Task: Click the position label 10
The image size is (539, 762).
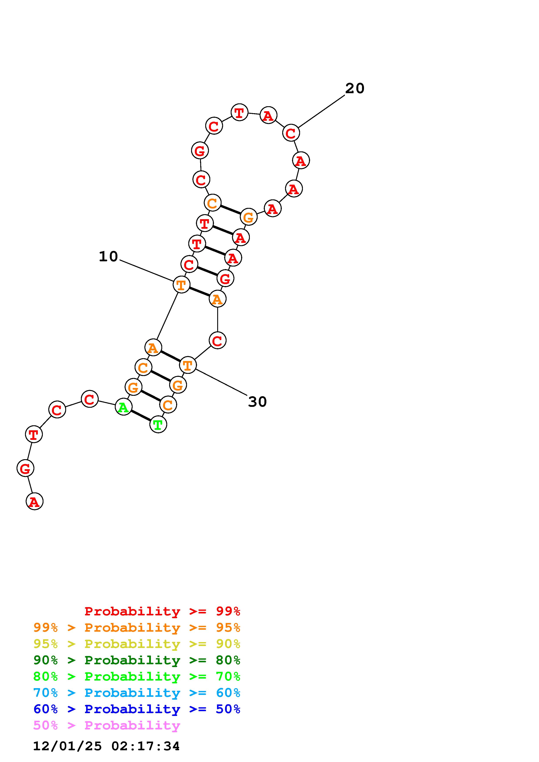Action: tap(108, 257)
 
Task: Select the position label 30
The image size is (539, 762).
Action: tap(257, 402)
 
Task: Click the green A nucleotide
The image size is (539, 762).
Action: tap(123, 407)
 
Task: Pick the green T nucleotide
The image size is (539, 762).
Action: tap(158, 424)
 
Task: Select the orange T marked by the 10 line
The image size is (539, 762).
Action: tap(181, 284)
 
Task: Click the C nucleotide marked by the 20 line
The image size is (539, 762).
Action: tap(291, 133)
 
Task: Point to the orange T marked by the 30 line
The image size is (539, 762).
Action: tap(188, 365)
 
